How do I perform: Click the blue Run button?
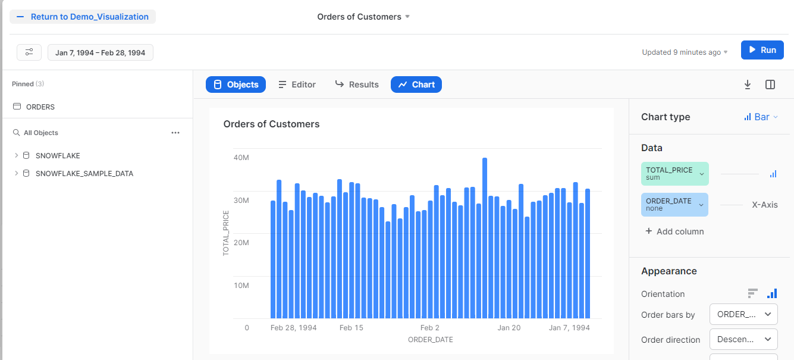762,50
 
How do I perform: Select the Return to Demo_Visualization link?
83,17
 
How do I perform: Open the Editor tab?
297,84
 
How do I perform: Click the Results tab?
357,84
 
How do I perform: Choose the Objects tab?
236,84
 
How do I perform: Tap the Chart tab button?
416,84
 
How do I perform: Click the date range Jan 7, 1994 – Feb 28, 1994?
101,52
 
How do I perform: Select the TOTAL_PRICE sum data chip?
674,174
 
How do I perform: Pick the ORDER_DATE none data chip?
674,205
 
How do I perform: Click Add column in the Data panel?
674,231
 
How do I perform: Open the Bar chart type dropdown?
761,117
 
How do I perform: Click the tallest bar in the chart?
485,238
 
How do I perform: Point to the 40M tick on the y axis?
241,158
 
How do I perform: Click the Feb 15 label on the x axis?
351,328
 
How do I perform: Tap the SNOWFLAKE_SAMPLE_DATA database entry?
84,174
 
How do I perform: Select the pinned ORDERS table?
40,107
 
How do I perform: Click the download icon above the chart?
748,84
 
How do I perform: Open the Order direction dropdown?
743,340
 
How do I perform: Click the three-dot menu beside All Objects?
175,133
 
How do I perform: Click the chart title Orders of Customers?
271,124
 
